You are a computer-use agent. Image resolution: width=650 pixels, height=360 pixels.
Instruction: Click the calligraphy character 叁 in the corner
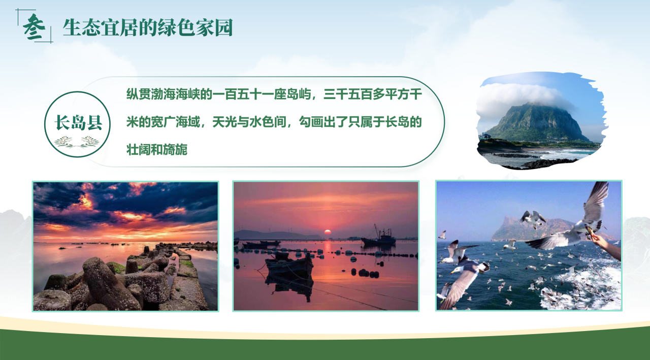click(x=34, y=27)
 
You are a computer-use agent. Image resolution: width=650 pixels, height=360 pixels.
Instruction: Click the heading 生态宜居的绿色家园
click(x=148, y=28)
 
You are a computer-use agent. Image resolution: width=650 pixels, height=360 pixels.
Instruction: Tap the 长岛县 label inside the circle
click(x=78, y=122)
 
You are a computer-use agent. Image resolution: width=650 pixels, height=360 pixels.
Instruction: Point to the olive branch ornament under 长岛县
click(x=77, y=142)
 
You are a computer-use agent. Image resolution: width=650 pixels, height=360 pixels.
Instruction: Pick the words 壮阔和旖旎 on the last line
click(x=157, y=150)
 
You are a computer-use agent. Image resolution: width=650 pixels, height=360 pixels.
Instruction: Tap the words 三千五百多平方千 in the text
click(x=373, y=94)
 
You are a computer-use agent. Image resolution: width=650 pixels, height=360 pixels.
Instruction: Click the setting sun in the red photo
click(x=328, y=232)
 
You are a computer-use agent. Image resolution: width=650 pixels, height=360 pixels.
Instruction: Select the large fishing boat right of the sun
click(x=378, y=237)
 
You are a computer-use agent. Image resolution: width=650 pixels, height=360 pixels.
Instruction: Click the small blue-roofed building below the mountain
click(x=486, y=136)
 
